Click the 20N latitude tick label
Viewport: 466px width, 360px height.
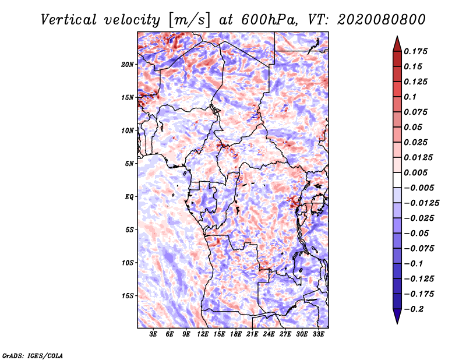click(128, 64)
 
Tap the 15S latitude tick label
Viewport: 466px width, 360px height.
click(128, 296)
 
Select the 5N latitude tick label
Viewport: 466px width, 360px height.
click(129, 164)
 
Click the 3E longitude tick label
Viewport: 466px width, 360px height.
click(153, 335)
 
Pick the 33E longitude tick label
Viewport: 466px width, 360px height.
click(318, 335)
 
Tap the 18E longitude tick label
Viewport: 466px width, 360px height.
click(236, 335)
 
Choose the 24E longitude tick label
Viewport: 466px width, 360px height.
click(269, 335)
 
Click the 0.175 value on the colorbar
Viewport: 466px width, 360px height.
click(417, 51)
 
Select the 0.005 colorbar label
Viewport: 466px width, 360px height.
click(417, 172)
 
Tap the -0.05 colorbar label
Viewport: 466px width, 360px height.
click(416, 233)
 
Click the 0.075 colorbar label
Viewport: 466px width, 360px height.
click(417, 112)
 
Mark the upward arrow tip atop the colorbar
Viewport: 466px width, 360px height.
click(397, 38)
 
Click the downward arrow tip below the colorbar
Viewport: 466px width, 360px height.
click(397, 322)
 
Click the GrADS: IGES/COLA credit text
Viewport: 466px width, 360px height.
click(32, 355)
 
